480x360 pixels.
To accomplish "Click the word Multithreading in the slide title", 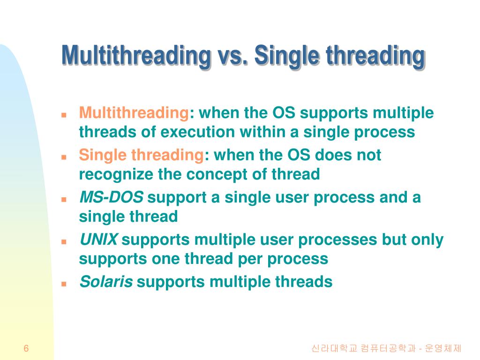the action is click(x=136, y=56).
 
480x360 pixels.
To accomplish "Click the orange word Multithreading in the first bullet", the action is click(x=134, y=113).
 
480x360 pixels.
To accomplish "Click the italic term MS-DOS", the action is click(x=111, y=197).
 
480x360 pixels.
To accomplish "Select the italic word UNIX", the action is click(x=98, y=240).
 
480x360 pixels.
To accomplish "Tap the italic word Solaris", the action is click(x=106, y=282).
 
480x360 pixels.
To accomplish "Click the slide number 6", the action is click(x=26, y=348).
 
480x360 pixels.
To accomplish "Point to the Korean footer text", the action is click(x=386, y=348).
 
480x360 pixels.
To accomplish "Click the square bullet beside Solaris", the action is click(x=64, y=284).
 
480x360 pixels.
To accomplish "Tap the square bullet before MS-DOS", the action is click(x=64, y=200).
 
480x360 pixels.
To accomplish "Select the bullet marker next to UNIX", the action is click(x=64, y=241).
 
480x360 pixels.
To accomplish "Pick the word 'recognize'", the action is click(x=116, y=175).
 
